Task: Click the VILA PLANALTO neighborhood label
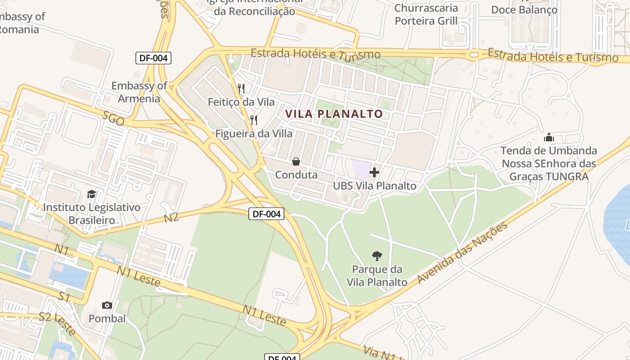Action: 334,114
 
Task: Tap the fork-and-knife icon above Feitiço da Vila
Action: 241,88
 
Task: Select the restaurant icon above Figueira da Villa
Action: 254,120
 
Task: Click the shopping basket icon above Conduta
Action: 296,161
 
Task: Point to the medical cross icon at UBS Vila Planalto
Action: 374,172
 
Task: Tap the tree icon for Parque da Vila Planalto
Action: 377,256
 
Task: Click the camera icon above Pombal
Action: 107,305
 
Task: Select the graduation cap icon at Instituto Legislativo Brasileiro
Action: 92,194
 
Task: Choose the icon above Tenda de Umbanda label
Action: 549,137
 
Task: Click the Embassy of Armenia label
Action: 139,92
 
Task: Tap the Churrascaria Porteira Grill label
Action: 426,14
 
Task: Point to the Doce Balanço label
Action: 524,10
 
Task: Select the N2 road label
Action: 171,218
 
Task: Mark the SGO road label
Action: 113,119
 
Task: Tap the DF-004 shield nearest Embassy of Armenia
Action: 154,58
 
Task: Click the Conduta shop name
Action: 296,175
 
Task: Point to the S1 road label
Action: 64,297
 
